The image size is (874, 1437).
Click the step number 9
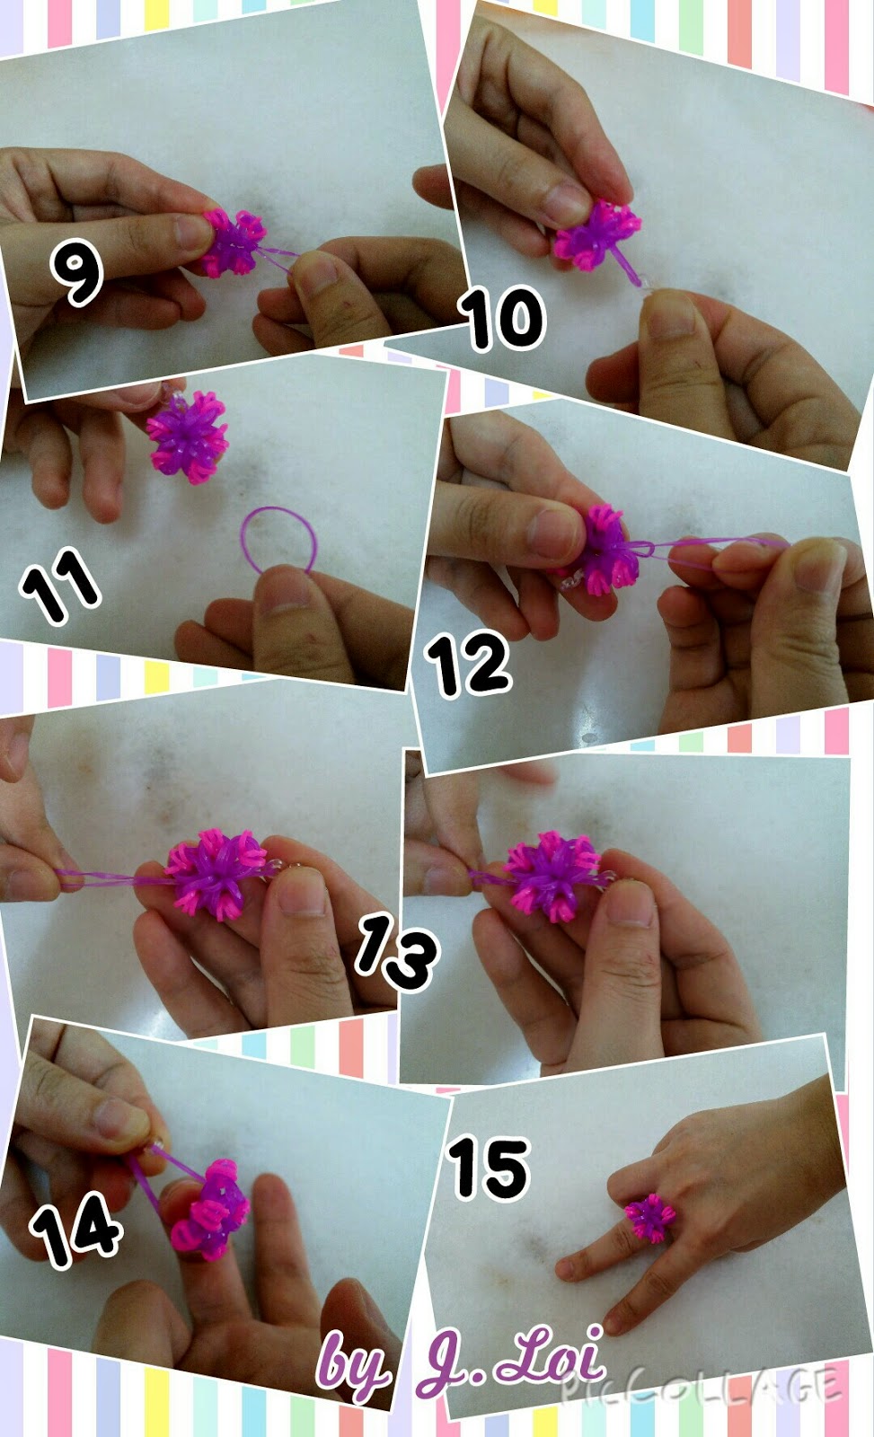tap(76, 273)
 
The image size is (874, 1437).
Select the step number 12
tap(468, 664)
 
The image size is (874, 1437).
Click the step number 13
tap(395, 953)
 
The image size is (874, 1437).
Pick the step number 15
tap(489, 1167)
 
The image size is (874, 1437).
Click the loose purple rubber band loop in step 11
tap(278, 539)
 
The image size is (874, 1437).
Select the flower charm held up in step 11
tap(188, 436)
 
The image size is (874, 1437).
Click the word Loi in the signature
tap(550, 1356)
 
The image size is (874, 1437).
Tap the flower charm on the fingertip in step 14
tap(211, 1208)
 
